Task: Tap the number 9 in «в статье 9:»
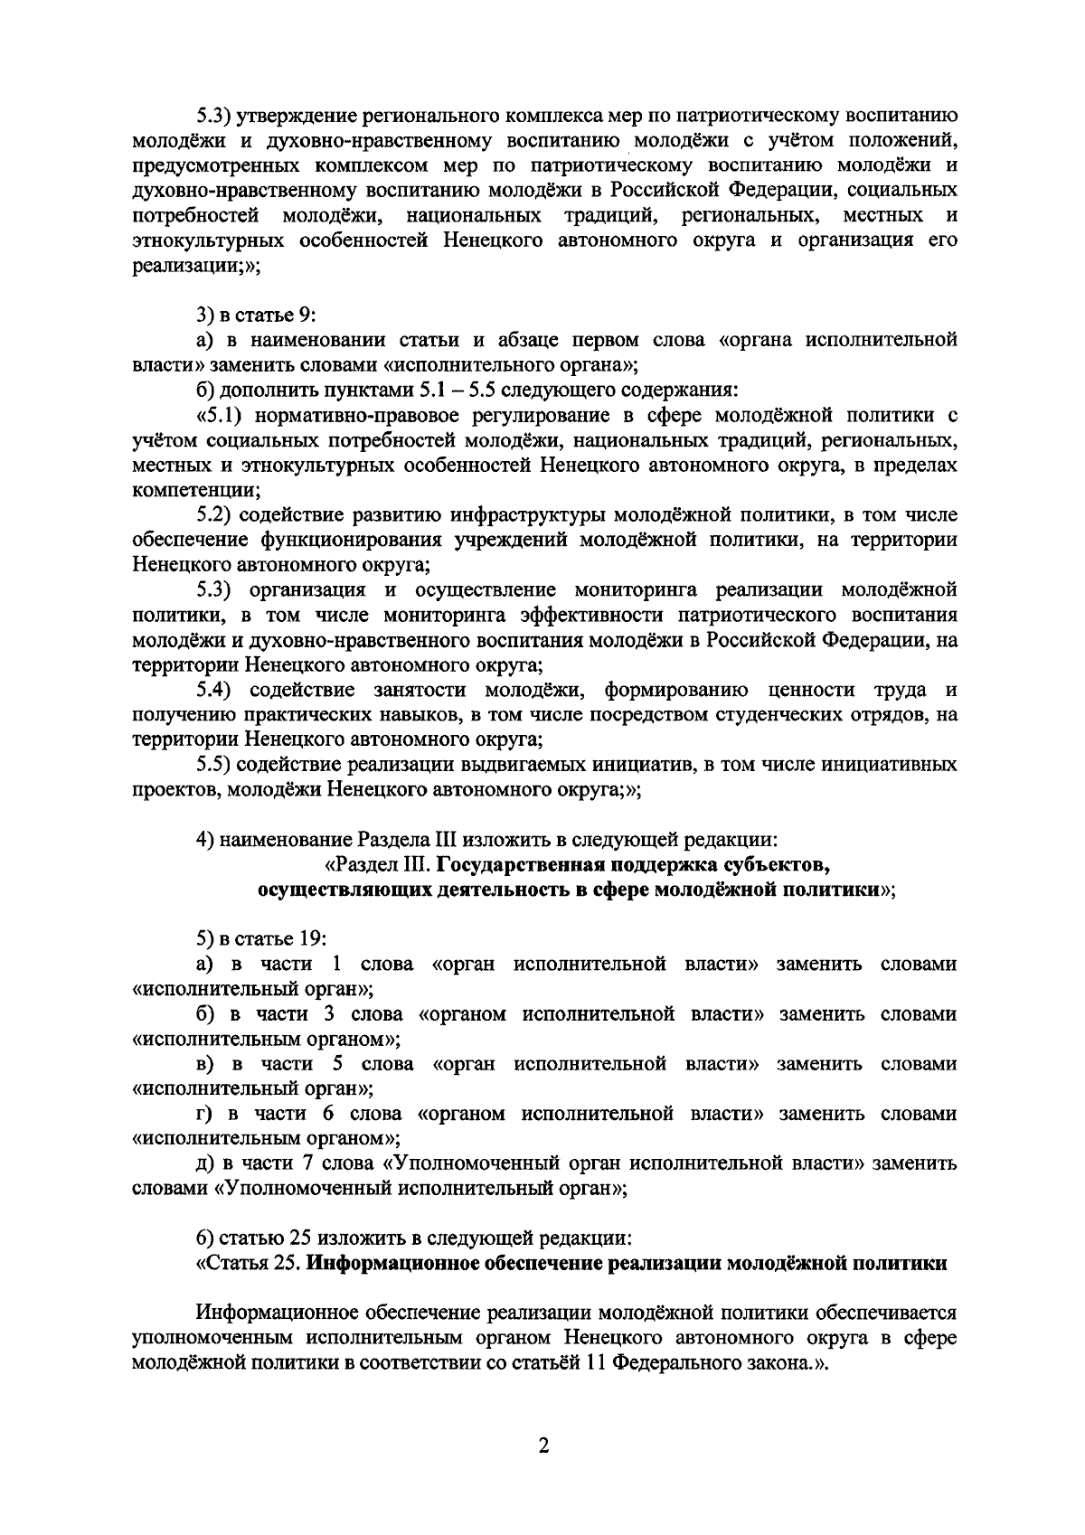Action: click(x=305, y=315)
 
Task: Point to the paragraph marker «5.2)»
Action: click(x=216, y=515)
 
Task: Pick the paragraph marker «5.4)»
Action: click(x=216, y=691)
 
